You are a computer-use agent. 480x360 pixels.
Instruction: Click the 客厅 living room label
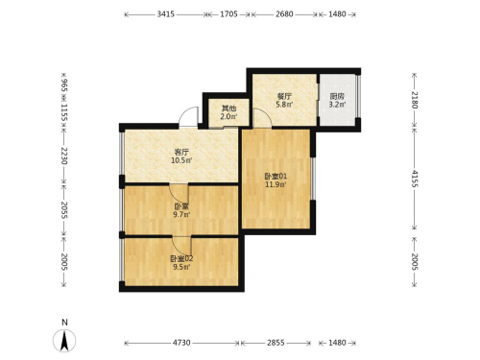[x=181, y=152]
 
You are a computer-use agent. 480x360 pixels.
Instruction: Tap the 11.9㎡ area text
[x=276, y=184]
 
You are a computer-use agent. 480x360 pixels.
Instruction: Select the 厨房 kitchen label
[x=337, y=96]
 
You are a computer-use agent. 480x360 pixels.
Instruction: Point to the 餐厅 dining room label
[x=284, y=96]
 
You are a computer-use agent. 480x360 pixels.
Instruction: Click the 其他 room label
[x=228, y=108]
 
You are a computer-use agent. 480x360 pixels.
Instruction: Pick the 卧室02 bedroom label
[x=181, y=258]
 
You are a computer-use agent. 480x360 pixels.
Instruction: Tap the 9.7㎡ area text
[x=181, y=214]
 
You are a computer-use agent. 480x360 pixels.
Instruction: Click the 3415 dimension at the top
[x=166, y=14]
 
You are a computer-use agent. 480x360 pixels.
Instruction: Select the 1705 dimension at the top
[x=228, y=14]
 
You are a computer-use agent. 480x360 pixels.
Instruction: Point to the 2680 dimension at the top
[x=284, y=14]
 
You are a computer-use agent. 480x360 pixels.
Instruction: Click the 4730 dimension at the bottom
[x=181, y=343]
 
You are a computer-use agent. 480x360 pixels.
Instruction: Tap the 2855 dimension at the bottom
[x=276, y=343]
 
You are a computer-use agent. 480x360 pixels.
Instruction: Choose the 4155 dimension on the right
[x=415, y=179]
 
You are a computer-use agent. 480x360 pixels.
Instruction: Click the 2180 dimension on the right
[x=415, y=100]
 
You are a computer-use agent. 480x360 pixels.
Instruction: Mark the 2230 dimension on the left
[x=64, y=156]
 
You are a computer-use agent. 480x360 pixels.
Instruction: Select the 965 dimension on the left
[x=64, y=85]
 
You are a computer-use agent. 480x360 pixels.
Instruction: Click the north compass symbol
[x=64, y=341]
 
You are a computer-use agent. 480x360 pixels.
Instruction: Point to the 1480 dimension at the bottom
[x=337, y=343]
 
